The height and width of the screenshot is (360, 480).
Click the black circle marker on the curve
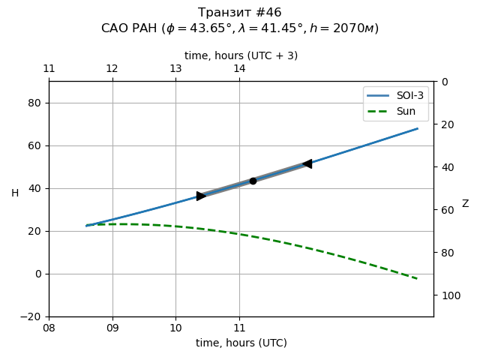coord(253,181)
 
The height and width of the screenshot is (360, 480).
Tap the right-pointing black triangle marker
coord(201,196)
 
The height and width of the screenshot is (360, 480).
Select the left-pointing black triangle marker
coord(307,163)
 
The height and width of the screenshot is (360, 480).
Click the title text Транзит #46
coord(240,13)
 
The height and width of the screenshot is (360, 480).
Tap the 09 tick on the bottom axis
coord(112,328)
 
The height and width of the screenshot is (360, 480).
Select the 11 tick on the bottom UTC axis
coord(239,328)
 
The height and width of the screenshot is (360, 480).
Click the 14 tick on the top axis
coord(239,69)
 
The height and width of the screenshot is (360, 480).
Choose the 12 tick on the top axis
coord(112,69)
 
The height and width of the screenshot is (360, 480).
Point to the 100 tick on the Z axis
coord(449,295)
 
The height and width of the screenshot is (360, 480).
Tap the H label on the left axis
coord(15,193)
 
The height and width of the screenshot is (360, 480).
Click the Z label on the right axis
coord(465,204)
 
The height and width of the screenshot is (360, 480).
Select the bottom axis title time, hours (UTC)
coord(241,343)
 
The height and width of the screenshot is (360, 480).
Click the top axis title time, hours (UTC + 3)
coord(241,55)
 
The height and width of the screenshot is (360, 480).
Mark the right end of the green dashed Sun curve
coord(418,279)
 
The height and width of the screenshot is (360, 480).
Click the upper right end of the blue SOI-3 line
coord(418,128)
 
